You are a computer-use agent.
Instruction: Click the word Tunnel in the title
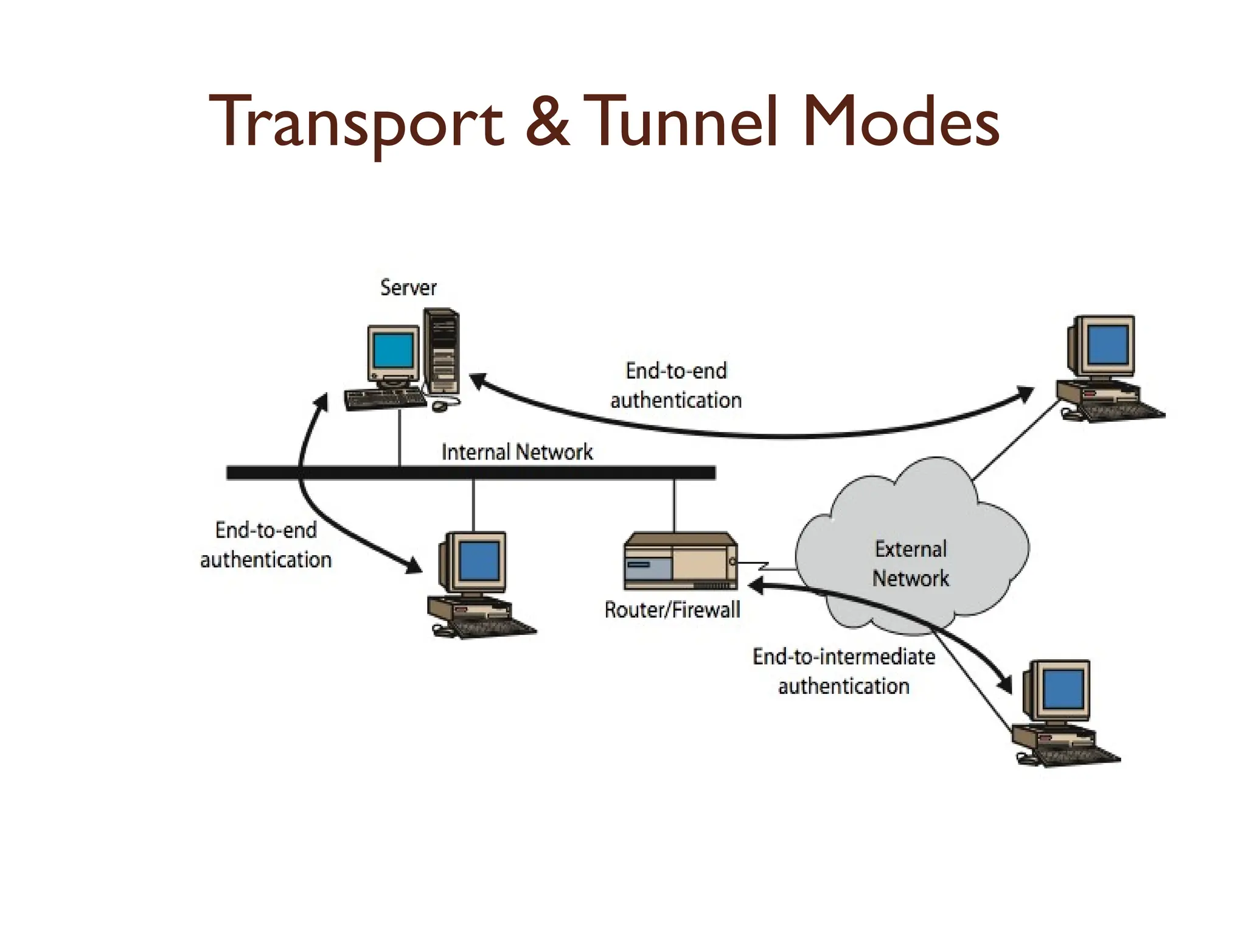click(x=682, y=122)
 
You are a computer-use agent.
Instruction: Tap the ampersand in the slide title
click(x=547, y=122)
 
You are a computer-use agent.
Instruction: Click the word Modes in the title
click(x=900, y=122)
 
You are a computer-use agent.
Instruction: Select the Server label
click(x=408, y=287)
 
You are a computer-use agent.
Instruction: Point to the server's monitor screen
click(x=394, y=352)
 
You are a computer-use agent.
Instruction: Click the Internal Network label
click(x=517, y=452)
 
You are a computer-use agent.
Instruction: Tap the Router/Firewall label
click(x=672, y=609)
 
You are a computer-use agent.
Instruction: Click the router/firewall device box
click(x=680, y=561)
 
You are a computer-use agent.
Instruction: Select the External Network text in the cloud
click(x=910, y=564)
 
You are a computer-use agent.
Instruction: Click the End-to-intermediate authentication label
click(x=844, y=671)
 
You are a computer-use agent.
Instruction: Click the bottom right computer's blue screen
click(x=1063, y=690)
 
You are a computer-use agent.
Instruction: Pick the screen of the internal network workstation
click(x=479, y=561)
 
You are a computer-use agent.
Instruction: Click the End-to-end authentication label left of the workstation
click(x=266, y=545)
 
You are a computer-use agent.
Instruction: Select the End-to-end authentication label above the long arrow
click(x=676, y=385)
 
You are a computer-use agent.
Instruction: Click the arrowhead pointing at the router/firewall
click(x=756, y=586)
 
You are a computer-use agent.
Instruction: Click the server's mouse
click(x=439, y=405)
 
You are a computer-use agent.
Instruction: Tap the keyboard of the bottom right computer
click(x=1077, y=755)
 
